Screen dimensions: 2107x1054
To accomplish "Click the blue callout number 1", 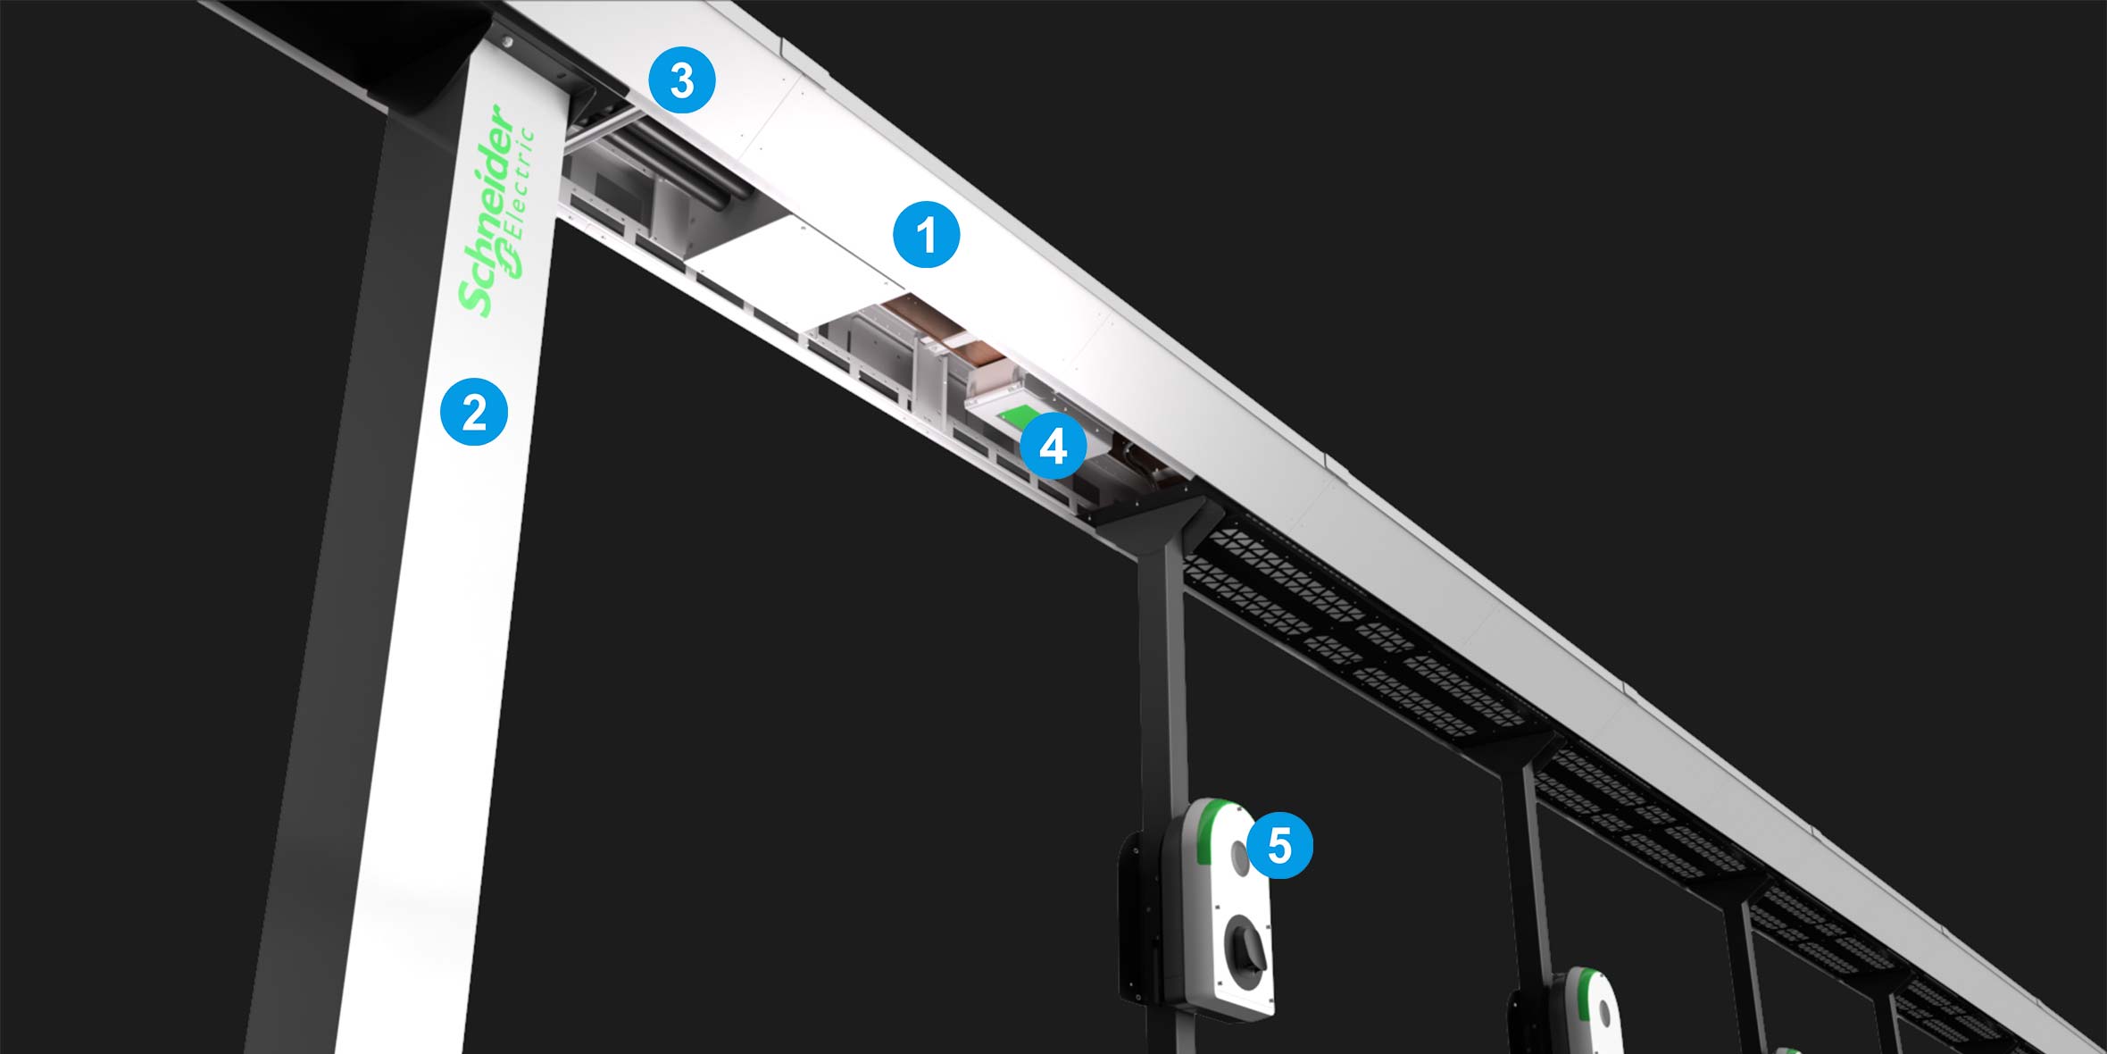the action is [x=927, y=234].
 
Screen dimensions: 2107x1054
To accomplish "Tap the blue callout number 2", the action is [x=474, y=412].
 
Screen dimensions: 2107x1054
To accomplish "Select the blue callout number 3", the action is [x=682, y=81].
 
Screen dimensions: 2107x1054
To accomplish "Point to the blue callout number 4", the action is [x=1053, y=445].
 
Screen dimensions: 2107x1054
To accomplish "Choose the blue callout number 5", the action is [x=1279, y=844].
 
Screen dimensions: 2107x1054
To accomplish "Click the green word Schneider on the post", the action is [x=487, y=211].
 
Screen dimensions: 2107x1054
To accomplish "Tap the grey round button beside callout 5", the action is [x=1240, y=858].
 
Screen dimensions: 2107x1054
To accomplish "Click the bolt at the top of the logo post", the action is [x=506, y=41].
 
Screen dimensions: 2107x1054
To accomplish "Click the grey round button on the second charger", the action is [x=1605, y=1013].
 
